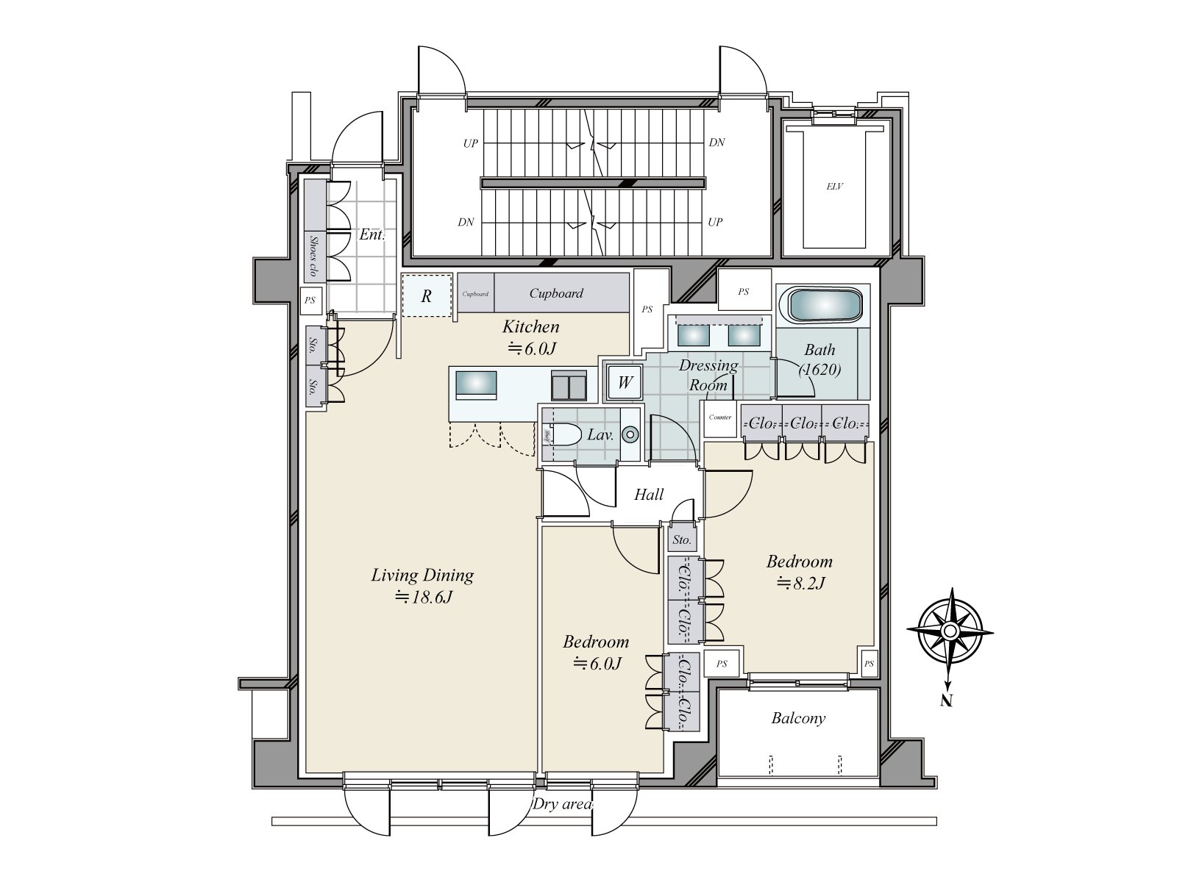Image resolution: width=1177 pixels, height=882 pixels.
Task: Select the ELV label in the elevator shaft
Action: coord(834,187)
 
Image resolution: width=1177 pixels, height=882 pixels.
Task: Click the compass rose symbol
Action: coord(950,631)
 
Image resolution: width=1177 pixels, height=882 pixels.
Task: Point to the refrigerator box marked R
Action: coord(427,296)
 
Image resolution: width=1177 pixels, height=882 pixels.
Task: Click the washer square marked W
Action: coord(624,382)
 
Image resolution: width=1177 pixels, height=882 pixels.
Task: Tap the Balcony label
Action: coord(798,718)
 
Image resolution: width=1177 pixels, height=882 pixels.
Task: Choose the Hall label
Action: coord(649,495)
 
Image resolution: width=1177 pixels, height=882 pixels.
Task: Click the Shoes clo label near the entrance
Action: coord(314,256)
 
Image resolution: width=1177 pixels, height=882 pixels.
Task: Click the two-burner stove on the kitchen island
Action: coord(569,384)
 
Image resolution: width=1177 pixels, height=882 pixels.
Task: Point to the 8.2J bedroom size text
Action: coord(800,584)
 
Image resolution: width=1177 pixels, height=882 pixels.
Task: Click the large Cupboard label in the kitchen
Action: coord(556,293)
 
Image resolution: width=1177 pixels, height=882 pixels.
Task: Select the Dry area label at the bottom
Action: coord(562,804)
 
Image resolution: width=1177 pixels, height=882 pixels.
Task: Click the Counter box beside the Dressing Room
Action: coord(719,417)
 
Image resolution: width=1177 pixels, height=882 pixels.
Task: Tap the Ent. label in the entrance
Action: coord(371,235)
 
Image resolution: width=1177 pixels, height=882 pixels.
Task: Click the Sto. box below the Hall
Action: coord(682,540)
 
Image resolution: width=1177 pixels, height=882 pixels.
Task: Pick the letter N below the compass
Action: coord(947,700)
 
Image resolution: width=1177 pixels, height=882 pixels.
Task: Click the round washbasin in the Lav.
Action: coord(630,434)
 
